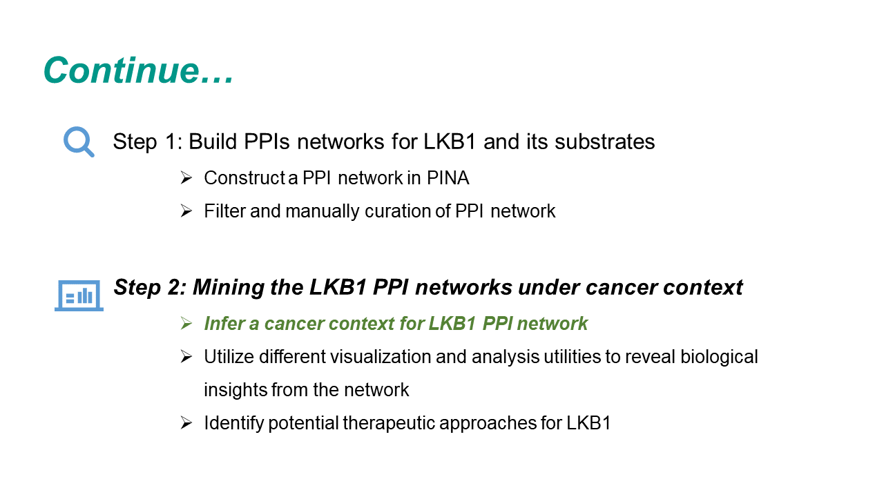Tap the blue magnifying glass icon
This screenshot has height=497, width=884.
click(x=79, y=142)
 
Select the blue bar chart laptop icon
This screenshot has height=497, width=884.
click(x=79, y=295)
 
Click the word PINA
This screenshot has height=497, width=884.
click(x=448, y=178)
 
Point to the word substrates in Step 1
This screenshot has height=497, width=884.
click(x=604, y=142)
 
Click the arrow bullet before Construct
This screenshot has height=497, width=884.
click(x=186, y=178)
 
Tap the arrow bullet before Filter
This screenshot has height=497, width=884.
click(x=186, y=211)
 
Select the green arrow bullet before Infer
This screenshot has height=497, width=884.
click(x=186, y=324)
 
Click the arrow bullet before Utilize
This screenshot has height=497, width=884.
click(x=186, y=357)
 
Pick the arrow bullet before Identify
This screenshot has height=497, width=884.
click(x=186, y=423)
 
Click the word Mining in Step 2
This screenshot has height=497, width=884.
click(x=228, y=288)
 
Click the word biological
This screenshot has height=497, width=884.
click(x=719, y=357)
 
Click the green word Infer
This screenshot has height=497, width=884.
click(x=224, y=324)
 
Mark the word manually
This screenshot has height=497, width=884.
click(x=323, y=212)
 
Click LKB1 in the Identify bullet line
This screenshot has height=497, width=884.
click(x=589, y=423)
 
